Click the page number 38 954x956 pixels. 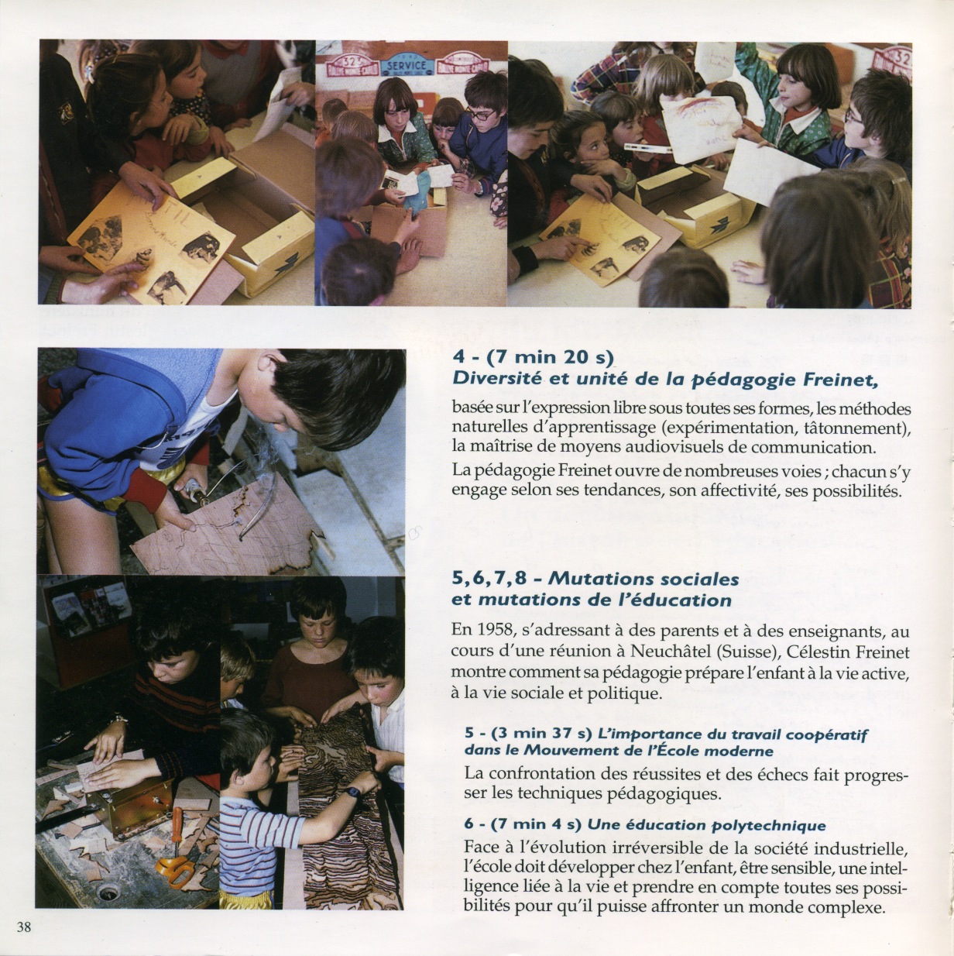click(x=24, y=927)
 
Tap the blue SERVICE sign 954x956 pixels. click(x=407, y=66)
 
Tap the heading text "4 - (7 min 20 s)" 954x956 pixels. click(x=533, y=357)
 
